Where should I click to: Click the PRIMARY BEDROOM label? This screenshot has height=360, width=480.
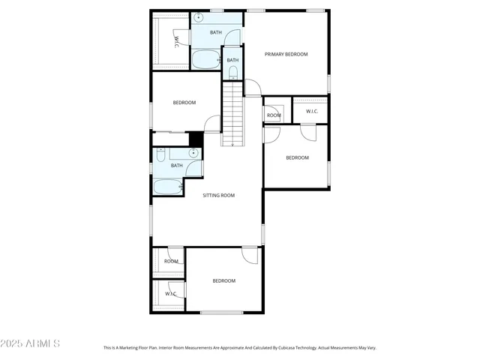(286, 54)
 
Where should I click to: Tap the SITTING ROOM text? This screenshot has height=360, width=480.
(219, 195)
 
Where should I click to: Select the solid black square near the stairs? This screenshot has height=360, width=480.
(196, 139)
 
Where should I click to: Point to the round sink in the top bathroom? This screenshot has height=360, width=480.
(198, 19)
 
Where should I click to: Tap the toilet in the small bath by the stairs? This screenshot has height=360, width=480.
(232, 73)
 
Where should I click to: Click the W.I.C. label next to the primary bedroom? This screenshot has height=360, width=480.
(311, 112)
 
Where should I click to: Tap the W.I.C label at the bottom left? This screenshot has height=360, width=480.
(171, 293)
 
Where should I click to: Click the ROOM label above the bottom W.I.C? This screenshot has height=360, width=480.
(172, 261)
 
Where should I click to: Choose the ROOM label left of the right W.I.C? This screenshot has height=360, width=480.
(274, 115)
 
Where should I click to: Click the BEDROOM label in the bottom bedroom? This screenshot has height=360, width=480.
(223, 280)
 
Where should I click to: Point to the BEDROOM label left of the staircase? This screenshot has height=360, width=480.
(184, 103)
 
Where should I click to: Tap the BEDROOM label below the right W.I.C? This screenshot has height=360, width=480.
(297, 157)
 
